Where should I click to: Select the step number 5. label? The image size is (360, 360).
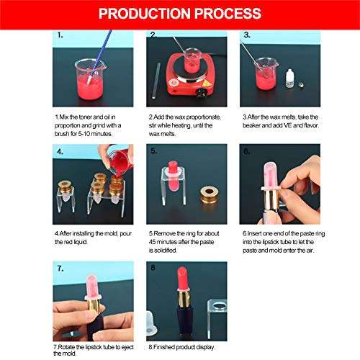pos(153,150)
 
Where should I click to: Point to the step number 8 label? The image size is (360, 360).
pos(152,266)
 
